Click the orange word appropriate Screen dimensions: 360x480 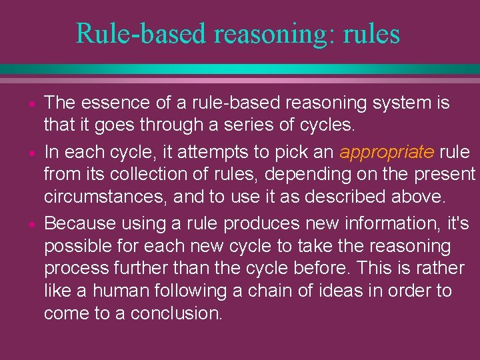[x=387, y=152]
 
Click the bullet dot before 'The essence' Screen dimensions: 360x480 [x=31, y=105]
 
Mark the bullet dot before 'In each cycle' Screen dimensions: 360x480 [x=31, y=153]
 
